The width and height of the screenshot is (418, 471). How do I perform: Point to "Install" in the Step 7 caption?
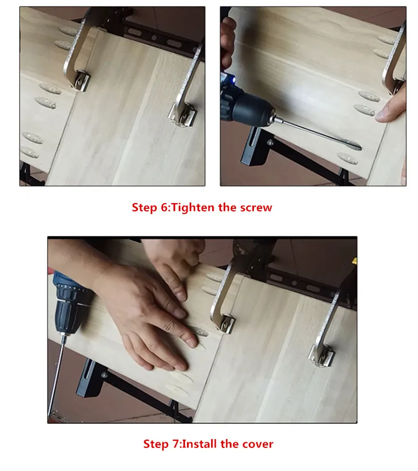(x=200, y=444)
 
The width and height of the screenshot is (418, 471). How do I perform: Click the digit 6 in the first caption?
(x=165, y=207)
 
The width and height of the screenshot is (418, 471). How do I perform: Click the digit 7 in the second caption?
(x=176, y=444)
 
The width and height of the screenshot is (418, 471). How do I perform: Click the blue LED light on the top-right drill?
(x=233, y=80)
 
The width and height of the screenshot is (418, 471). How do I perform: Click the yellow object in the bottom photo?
(x=355, y=261)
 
